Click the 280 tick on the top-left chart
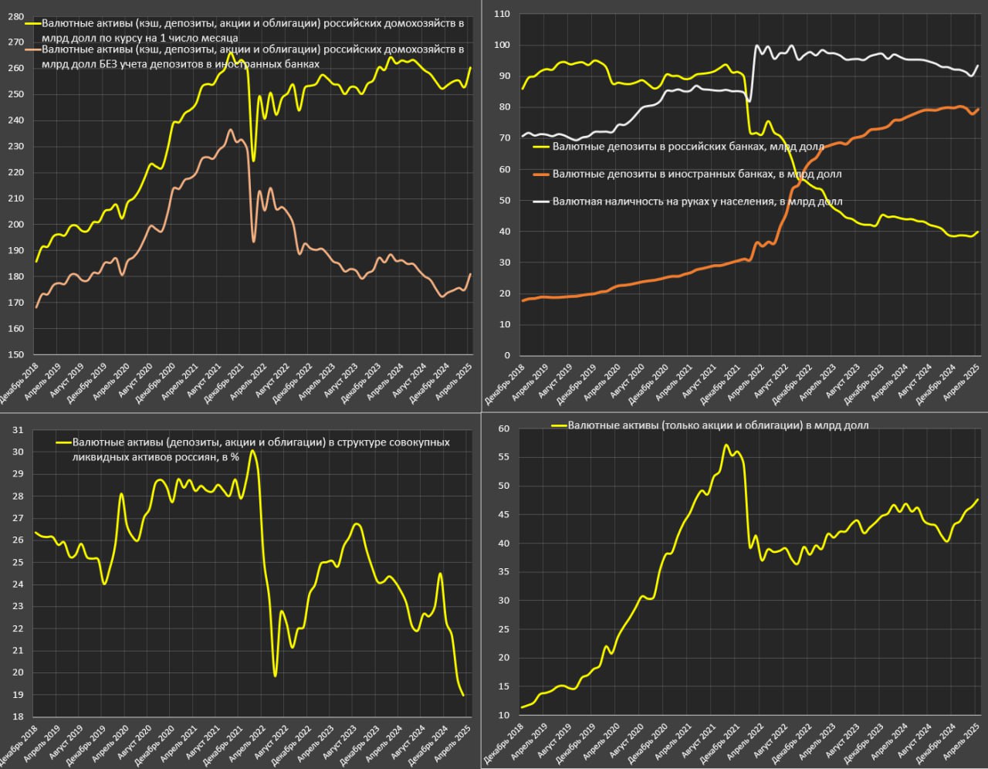pos(15,15)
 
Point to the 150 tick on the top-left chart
pos(15,355)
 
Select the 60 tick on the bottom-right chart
pos(503,429)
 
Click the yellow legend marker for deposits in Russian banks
pos(542,146)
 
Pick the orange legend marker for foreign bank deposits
pos(542,174)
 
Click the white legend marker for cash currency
pos(542,202)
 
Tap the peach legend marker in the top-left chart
pos(32,49)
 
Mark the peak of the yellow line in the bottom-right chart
pos(726,445)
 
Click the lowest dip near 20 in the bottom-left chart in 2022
pos(276,676)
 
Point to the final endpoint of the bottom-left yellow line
pos(463,695)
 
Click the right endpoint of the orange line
pos(979,109)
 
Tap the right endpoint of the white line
pos(979,66)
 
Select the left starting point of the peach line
pos(36,307)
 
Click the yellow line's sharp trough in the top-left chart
pos(253,161)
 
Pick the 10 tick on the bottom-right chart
pos(503,716)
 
